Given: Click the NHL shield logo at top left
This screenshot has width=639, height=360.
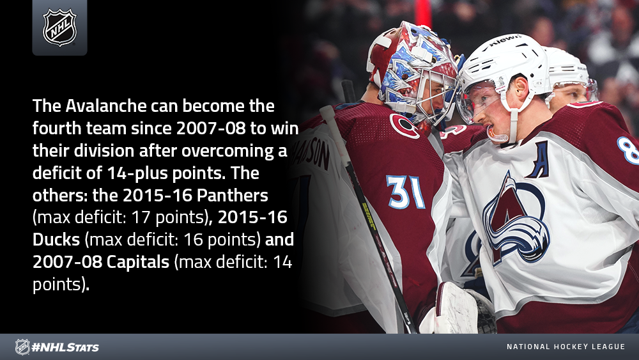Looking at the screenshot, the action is point(59,27).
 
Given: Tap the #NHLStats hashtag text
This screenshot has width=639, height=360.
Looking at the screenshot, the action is point(65,347).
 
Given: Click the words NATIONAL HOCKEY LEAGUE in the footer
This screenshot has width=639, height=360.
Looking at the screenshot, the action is point(566,347).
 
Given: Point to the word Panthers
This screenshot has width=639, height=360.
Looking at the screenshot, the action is point(233,195).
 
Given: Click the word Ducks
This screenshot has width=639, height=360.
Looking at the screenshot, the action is point(56,239).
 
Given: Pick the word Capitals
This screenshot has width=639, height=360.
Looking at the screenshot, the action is point(138,262).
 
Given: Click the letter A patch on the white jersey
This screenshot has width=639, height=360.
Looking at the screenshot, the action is point(538,160).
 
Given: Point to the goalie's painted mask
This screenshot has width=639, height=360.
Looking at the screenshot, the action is point(413,74).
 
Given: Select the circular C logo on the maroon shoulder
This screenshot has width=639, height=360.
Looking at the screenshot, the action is point(404,126).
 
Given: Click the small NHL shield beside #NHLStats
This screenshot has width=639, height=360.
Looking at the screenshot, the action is point(22,347).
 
